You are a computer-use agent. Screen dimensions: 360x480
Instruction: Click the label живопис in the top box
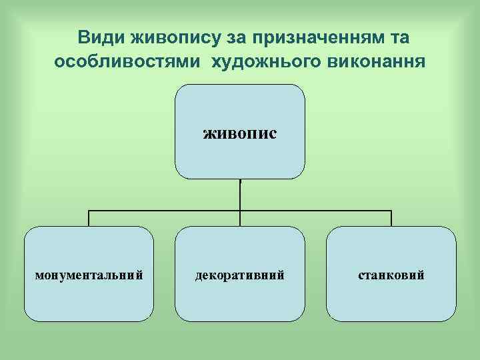pos(240,133)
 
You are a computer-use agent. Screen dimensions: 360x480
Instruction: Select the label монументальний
pos(89,275)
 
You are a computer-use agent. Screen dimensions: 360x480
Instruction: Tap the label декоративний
pos(240,275)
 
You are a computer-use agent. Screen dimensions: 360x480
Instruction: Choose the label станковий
pos(391,275)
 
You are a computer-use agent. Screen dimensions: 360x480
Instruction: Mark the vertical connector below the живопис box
pos(240,195)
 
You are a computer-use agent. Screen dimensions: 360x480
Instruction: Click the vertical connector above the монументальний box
pos(89,219)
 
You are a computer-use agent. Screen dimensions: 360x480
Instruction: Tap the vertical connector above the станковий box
pos(391,219)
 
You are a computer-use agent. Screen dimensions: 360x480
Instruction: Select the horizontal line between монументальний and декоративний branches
pos(165,211)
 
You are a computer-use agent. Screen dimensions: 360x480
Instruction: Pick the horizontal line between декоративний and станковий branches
pos(316,211)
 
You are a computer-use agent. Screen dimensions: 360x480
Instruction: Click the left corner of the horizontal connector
pos(89,211)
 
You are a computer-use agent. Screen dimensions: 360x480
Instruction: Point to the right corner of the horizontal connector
pos(391,211)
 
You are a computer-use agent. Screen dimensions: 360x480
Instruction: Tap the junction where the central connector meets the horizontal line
pos(240,211)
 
